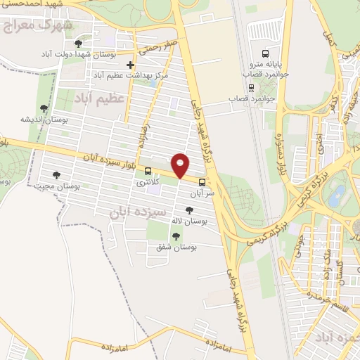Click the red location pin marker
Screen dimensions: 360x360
181,165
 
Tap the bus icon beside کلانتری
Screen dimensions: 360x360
148,171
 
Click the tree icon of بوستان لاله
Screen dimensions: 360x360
188,210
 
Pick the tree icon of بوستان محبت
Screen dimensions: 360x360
57,175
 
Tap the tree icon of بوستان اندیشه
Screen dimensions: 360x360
44,108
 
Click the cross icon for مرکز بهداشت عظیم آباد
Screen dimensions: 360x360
130,65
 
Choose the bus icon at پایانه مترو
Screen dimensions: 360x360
265,53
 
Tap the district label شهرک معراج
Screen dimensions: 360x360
38,26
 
